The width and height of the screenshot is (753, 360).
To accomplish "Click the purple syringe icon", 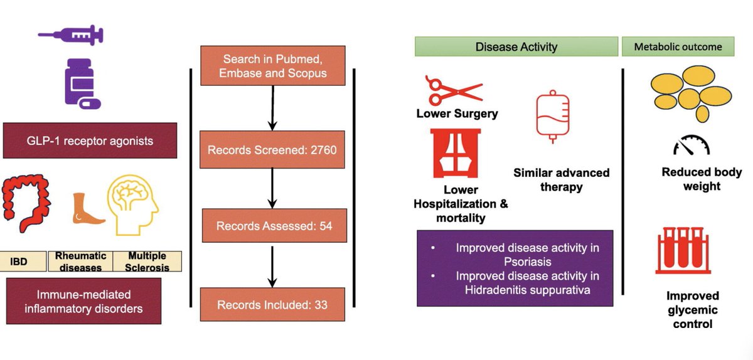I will (x=70, y=35).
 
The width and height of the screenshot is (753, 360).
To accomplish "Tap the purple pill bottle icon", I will (x=82, y=83).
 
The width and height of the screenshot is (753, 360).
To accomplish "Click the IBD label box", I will (x=23, y=261).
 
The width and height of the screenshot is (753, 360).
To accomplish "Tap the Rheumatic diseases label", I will (x=80, y=262).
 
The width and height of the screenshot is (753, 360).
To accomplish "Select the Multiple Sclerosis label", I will (x=147, y=262).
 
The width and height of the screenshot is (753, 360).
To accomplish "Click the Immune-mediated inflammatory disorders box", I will (x=83, y=301).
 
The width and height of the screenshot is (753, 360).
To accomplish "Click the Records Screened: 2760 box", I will (x=272, y=151).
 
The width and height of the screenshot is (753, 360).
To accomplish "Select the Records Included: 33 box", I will (x=272, y=305).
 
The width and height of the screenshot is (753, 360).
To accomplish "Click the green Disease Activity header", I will (x=516, y=46).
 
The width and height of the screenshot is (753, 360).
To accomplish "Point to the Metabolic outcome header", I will (x=678, y=46).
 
